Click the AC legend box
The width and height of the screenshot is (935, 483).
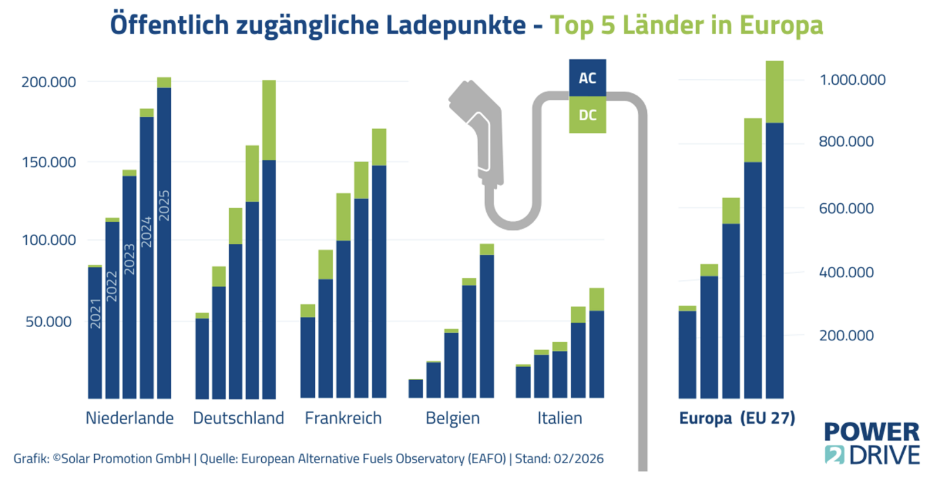pos(587,79)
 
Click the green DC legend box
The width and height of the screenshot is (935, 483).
pos(587,115)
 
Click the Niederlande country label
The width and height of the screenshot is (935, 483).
pos(129,418)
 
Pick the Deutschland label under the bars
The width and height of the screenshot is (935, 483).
pos(238,418)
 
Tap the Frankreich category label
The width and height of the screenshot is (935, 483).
pos(343,418)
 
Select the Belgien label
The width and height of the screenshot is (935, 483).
pos(453,418)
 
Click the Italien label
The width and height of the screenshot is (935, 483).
pos(560,418)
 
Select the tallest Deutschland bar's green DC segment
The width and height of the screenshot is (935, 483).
pos(269,120)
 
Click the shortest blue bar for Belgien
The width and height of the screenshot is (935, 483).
pos(415,388)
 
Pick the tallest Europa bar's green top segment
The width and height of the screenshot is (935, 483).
pos(774,92)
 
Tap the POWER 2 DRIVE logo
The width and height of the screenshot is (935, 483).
pos(871,443)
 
